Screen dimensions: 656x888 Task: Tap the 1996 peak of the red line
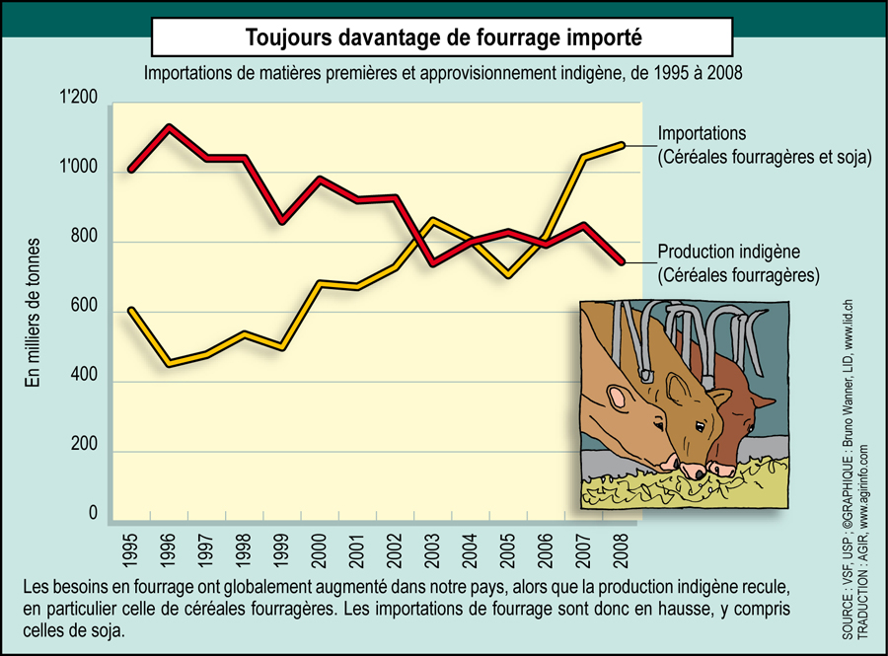point(169,126)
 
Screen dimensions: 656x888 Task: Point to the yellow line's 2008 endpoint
point(623,144)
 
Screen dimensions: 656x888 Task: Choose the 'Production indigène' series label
point(728,252)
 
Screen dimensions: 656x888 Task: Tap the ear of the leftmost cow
point(618,398)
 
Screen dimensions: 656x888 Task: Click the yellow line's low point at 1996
point(169,364)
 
